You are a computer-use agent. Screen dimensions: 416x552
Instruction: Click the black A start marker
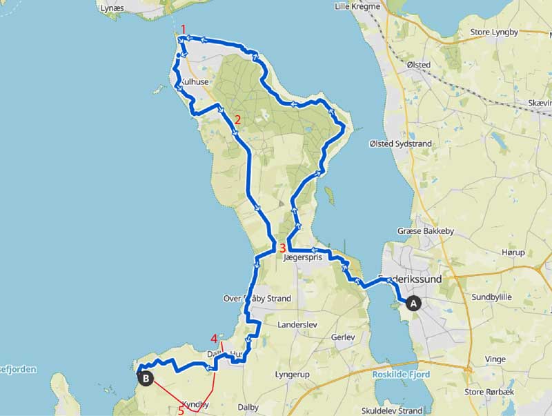414,302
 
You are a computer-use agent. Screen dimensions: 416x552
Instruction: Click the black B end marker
146,377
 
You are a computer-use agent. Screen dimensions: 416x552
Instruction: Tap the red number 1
183,29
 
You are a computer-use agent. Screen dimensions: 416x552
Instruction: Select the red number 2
237,119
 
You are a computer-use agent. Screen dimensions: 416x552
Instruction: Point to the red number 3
283,247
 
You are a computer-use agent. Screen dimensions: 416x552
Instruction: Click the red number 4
215,339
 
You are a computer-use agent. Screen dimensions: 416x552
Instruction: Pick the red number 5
181,410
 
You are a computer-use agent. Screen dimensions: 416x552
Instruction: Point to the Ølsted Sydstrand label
400,143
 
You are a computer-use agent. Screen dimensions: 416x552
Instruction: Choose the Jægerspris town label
302,258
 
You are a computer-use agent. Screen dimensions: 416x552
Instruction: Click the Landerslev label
295,324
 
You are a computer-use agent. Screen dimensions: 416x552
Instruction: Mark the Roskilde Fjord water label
402,375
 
